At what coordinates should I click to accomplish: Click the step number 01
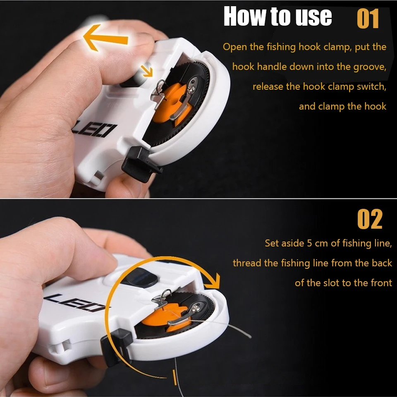368,19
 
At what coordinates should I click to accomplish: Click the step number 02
370,219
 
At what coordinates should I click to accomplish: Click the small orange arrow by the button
147,71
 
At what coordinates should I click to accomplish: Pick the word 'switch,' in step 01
371,86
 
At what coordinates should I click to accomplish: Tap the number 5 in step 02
309,243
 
